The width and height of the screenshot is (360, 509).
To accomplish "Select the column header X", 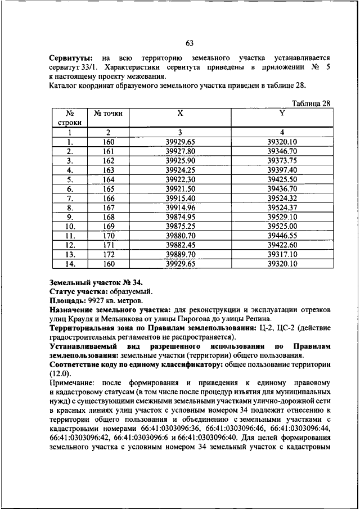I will (x=180, y=112).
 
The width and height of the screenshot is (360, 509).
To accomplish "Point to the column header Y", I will (x=282, y=112).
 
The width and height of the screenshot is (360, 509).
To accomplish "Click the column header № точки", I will (x=109, y=113).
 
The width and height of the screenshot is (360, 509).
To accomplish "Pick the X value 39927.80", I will (x=180, y=151).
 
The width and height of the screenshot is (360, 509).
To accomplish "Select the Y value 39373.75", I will (x=282, y=160).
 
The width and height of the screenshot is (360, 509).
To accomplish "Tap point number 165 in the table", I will (x=109, y=189).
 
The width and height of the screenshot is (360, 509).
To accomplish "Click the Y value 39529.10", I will (x=282, y=217).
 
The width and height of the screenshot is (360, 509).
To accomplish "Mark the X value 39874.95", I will (x=180, y=217).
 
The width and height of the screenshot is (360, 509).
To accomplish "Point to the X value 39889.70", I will (x=180, y=254).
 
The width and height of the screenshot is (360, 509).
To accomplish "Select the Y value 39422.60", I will (x=282, y=245).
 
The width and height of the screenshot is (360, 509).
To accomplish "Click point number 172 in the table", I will (x=109, y=254).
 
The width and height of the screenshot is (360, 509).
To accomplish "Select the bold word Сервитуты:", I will (x=71, y=58).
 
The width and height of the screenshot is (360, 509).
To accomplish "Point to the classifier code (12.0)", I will (x=61, y=372).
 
